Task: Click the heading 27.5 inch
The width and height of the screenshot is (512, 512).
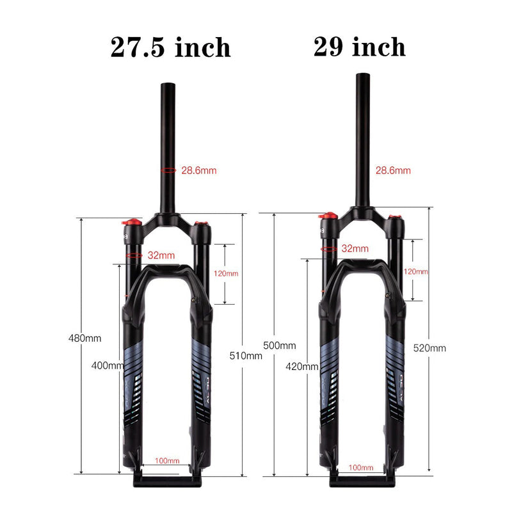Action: tap(170, 47)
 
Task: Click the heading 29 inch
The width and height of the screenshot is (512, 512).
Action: tap(359, 47)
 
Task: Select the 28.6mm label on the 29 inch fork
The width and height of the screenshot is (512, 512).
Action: tap(393, 171)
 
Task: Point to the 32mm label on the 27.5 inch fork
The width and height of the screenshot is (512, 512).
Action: tap(161, 255)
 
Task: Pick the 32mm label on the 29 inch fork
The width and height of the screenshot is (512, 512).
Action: tap(355, 248)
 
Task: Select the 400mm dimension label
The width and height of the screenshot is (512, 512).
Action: tap(107, 365)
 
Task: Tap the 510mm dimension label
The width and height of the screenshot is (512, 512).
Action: tap(246, 356)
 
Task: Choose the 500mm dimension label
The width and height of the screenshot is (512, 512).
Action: tap(279, 345)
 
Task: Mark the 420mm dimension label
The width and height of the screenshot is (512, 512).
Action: tap(302, 367)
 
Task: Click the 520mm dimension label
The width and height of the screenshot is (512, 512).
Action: tap(429, 348)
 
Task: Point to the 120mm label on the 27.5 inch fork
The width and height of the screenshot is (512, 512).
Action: tap(225, 273)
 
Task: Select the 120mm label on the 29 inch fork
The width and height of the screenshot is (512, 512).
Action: tap(416, 271)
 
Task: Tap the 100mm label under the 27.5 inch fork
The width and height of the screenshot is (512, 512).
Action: tap(168, 461)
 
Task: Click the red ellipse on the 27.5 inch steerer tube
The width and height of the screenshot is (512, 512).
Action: tap(168, 171)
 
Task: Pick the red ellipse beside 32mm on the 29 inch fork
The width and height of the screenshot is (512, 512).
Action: tap(329, 248)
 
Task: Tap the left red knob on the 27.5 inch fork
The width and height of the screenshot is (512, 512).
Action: tap(131, 223)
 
